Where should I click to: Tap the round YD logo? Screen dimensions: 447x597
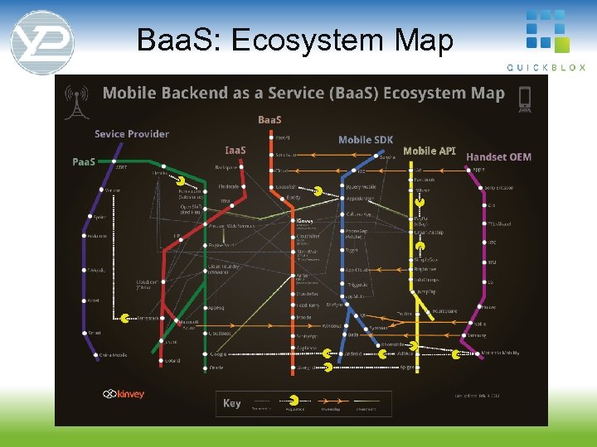click(x=42, y=42)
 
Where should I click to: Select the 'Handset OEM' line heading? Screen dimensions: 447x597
click(x=498, y=156)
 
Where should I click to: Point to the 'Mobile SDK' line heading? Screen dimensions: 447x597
click(x=366, y=140)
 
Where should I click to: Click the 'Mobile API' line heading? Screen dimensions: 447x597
click(x=429, y=151)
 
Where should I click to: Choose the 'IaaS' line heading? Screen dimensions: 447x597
click(x=235, y=150)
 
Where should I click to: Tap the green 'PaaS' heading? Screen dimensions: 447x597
click(x=84, y=161)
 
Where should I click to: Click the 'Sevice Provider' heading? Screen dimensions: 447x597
click(x=131, y=134)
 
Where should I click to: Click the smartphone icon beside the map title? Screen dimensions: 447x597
click(x=524, y=99)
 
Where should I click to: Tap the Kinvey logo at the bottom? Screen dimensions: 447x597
click(x=124, y=394)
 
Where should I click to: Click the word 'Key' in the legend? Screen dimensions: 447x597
click(x=232, y=403)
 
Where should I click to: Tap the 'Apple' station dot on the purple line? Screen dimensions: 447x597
click(x=466, y=169)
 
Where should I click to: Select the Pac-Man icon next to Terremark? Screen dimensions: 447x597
click(x=124, y=318)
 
